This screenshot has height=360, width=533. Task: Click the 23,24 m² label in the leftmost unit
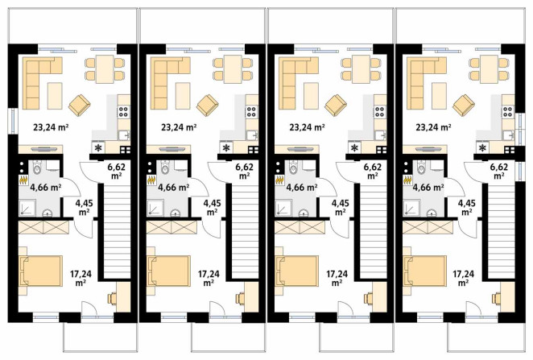click(51, 127)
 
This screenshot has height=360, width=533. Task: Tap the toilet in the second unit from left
click(165, 168)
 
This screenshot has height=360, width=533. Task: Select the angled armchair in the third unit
click(336, 105)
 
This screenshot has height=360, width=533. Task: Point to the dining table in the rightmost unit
click(488, 69)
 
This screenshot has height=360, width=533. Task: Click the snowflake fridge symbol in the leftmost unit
click(98, 148)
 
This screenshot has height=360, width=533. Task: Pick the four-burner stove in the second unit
click(251, 112)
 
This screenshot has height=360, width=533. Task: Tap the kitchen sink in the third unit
click(380, 135)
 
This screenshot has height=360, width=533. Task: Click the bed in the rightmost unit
click(425, 271)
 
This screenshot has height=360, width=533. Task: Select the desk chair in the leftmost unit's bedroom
click(112, 298)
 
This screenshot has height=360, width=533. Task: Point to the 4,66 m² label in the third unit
click(302, 187)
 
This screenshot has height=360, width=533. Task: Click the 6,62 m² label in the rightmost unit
click(499, 172)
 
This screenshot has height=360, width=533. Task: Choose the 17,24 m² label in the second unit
click(209, 278)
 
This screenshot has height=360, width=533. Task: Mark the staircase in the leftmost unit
click(114, 231)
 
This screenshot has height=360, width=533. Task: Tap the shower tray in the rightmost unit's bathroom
click(411, 208)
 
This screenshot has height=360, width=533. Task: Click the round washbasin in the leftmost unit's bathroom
click(48, 213)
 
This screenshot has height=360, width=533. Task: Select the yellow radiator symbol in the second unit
click(151, 180)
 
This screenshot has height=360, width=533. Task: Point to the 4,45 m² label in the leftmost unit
click(83, 207)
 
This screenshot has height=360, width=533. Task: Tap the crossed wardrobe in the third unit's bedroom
click(300, 227)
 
